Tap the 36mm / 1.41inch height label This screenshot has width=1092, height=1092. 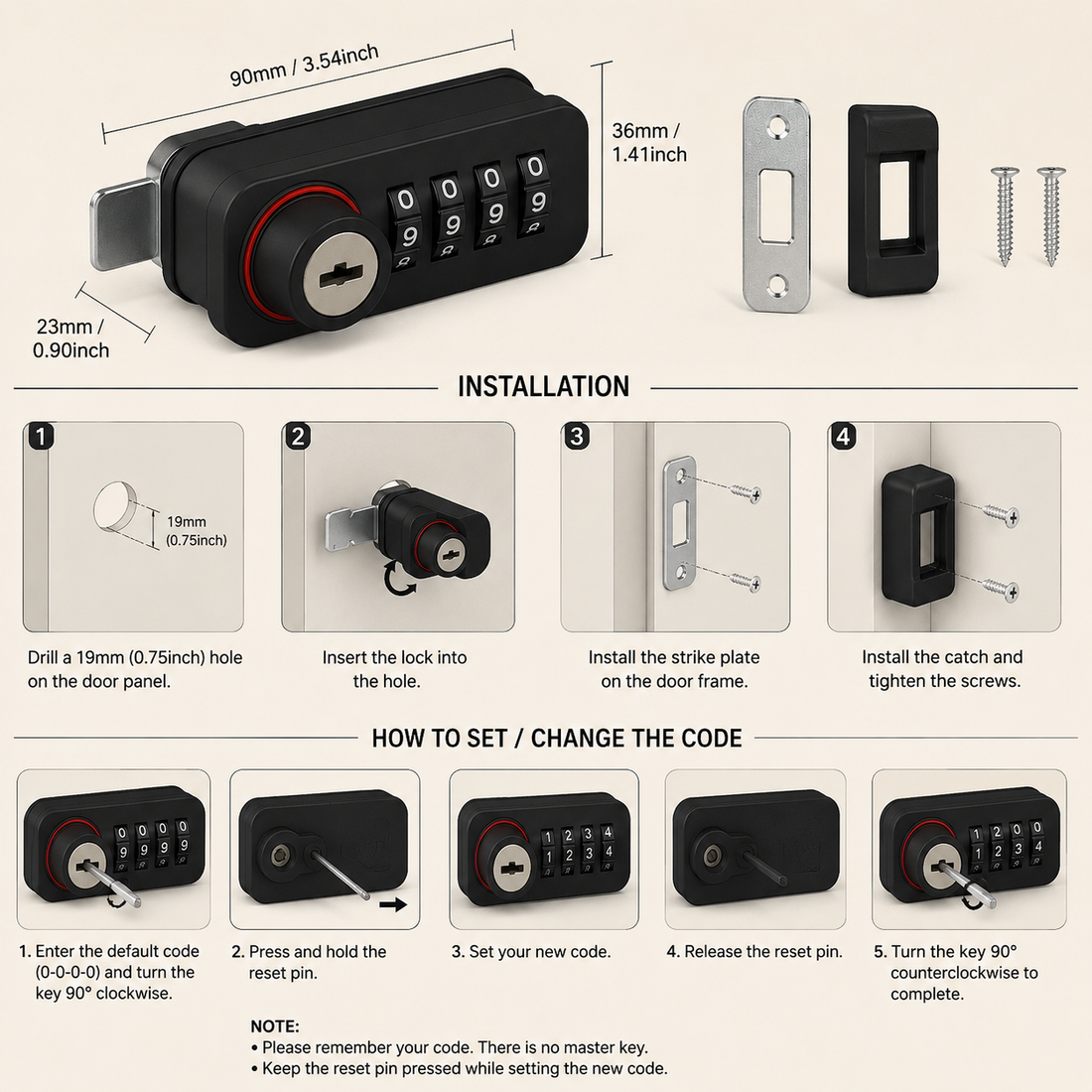(649, 142)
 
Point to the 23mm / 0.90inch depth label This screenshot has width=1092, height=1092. (71, 338)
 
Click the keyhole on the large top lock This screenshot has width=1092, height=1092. (342, 277)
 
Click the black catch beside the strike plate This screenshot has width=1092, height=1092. (892, 201)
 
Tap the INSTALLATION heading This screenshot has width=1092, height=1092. (543, 387)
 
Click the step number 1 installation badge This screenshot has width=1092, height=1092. (41, 437)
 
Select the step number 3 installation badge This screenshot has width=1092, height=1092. (577, 436)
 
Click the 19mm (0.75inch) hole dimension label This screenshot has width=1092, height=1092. (197, 531)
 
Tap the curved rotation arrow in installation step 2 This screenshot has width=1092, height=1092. (399, 581)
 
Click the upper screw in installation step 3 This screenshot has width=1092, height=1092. (745, 492)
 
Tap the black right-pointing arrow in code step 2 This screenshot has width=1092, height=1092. (393, 904)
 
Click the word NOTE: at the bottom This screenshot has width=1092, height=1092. (275, 1025)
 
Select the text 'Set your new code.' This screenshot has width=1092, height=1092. (540, 951)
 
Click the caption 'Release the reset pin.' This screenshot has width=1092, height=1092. (763, 951)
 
